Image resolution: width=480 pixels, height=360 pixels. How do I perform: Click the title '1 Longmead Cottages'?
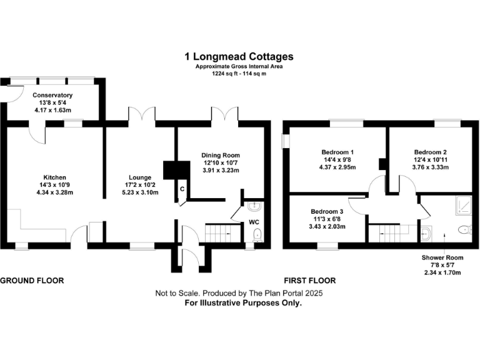pyautogui.click(x=239, y=56)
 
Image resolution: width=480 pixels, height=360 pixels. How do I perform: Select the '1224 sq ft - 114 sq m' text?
pyautogui.click(x=239, y=74)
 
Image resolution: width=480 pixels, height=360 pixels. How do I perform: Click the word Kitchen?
pyautogui.click(x=55, y=177)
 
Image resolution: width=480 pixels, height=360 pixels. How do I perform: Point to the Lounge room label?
pyautogui.click(x=140, y=177)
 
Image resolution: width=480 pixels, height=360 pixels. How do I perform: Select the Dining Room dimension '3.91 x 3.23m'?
pyautogui.click(x=220, y=171)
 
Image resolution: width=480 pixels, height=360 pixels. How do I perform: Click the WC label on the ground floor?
pyautogui.click(x=254, y=222)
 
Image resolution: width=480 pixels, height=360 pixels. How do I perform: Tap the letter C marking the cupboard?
pyautogui.click(x=182, y=189)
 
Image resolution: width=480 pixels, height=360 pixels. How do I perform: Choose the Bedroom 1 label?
pyautogui.click(x=337, y=152)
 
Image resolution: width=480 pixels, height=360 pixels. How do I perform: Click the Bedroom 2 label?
pyautogui.click(x=429, y=152)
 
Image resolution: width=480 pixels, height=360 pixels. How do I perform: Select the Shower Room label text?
pyautogui.click(x=442, y=257)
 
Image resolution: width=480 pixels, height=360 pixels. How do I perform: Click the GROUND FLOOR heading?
pyautogui.click(x=32, y=281)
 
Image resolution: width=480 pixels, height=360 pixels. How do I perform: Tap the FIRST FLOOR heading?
pyautogui.click(x=310, y=281)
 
